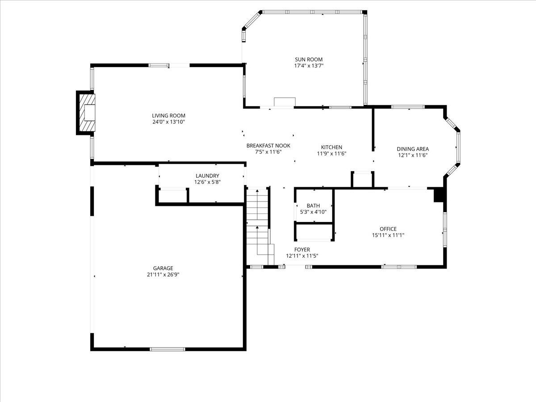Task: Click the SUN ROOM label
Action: (x=308, y=59)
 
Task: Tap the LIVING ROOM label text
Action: (x=168, y=116)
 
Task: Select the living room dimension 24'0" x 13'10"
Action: (x=168, y=122)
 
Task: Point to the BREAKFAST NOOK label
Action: (x=268, y=146)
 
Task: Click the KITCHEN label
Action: (x=331, y=147)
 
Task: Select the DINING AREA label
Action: (x=413, y=149)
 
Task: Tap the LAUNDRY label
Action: (x=207, y=176)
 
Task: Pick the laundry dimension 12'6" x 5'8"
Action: (x=207, y=182)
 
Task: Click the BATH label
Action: (x=313, y=206)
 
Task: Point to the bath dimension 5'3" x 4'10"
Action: (x=313, y=212)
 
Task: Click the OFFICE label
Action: (x=388, y=229)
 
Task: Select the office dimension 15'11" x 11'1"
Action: (x=388, y=235)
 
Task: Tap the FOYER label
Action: (x=302, y=250)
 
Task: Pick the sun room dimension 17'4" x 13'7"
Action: (x=308, y=66)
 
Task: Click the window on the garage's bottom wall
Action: (x=167, y=349)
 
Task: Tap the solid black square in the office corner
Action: (x=439, y=196)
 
